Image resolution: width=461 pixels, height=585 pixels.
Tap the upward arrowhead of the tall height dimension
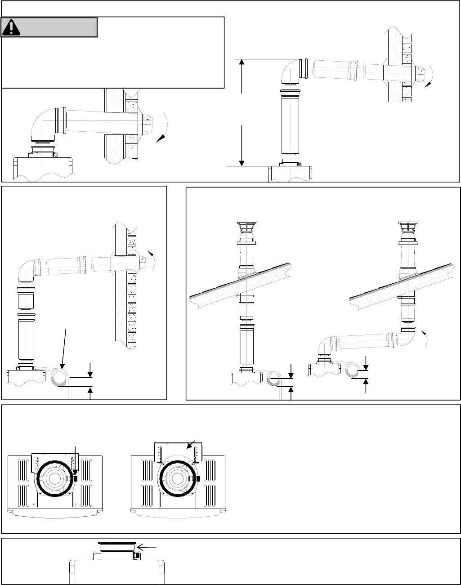[x=242, y=63]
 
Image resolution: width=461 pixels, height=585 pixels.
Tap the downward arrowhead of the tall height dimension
[x=242, y=162]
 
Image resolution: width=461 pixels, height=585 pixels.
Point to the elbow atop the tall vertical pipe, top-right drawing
[x=292, y=72]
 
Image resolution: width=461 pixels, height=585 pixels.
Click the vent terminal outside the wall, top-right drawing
[x=420, y=71]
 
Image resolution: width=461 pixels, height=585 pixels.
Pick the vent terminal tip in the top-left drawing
[x=148, y=121]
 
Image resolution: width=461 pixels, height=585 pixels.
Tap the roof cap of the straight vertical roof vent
[x=246, y=228]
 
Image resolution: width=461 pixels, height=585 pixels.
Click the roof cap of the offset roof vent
[x=408, y=228]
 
